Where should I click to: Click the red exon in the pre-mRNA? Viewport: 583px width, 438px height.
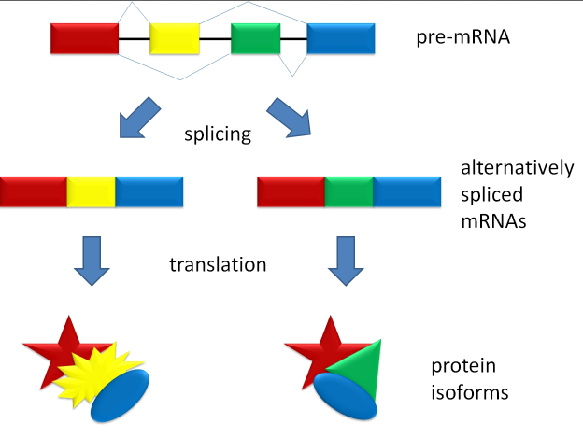85,38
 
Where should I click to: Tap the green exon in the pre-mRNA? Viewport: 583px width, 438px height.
256,38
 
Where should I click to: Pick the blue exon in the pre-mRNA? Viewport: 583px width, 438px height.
341,38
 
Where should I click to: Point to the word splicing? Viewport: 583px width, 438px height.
219,134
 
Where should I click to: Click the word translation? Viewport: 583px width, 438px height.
218,264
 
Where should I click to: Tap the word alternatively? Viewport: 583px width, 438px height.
517,168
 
